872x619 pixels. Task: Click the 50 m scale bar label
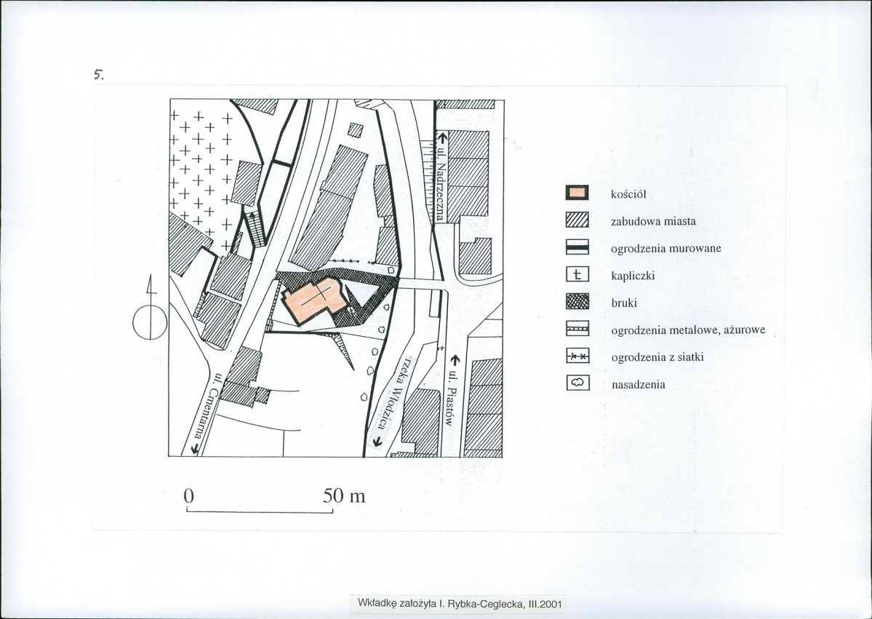coord(344,495)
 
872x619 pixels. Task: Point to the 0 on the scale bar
coord(188,495)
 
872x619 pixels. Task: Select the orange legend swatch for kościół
coord(577,193)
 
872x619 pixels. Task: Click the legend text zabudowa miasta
coord(653,221)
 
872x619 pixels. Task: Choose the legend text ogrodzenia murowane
coord(666,249)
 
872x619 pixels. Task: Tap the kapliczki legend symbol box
coord(577,275)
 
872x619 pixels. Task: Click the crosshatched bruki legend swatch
coord(577,302)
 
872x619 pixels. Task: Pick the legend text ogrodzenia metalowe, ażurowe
coord(689,330)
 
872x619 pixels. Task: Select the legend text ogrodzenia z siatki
coord(658,357)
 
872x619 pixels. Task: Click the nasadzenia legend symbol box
coord(577,383)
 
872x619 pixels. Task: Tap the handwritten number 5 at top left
coord(99,74)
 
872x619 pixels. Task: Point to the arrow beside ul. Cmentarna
coord(195,448)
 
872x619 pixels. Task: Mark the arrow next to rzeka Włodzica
coord(377,442)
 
